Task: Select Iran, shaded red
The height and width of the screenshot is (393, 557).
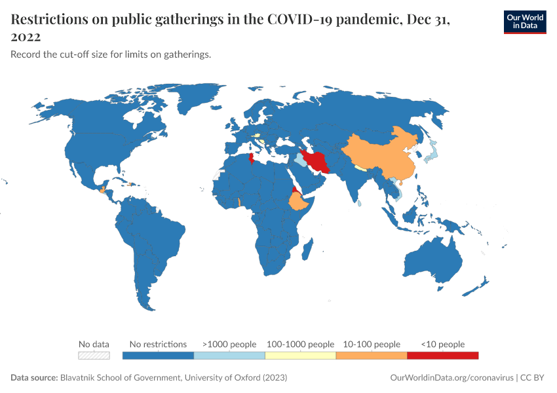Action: [x=320, y=160]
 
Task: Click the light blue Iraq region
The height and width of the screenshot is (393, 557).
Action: [x=300, y=159]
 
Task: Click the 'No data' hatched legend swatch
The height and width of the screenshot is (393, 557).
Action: [x=94, y=356]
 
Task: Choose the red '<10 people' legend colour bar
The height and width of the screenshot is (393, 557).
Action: [x=442, y=356]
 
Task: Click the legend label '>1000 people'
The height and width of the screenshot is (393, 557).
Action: [x=229, y=344]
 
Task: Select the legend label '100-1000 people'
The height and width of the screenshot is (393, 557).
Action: [x=300, y=344]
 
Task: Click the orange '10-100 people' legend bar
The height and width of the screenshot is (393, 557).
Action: [x=371, y=356]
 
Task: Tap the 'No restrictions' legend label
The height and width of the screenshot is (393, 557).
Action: [x=158, y=344]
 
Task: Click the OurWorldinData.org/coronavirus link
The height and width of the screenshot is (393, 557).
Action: [x=451, y=378]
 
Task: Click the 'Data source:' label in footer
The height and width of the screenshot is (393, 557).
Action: [x=34, y=378]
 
